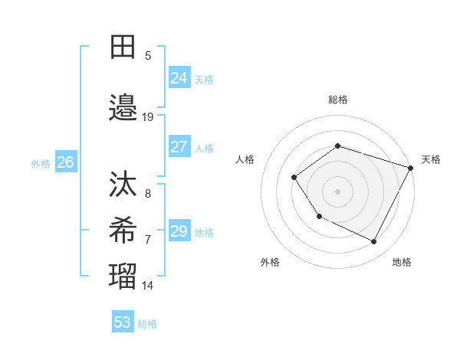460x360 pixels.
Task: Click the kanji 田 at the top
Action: pos(123,47)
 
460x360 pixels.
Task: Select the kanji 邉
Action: pos(123,109)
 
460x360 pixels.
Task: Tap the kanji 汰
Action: pos(123,185)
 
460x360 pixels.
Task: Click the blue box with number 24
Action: pos(179,77)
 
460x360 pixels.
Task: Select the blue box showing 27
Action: pos(179,147)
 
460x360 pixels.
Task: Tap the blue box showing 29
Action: pos(179,231)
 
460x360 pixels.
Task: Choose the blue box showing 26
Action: pos(66,162)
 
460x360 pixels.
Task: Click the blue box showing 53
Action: pos(123,322)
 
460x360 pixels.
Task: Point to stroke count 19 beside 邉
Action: pos(148,117)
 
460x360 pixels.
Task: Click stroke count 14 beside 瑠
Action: pos(148,286)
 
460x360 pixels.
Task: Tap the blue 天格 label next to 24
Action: pos(204,79)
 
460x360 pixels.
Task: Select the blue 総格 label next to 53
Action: pos(147,324)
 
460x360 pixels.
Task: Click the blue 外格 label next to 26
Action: pos(41,163)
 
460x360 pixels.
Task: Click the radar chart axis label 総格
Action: pos(338,100)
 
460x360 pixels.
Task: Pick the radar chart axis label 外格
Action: pos(270,262)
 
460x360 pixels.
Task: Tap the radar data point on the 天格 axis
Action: pos(411,168)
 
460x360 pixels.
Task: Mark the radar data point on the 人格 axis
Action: pos(294,178)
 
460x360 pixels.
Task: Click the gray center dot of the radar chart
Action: pos(337,191)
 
